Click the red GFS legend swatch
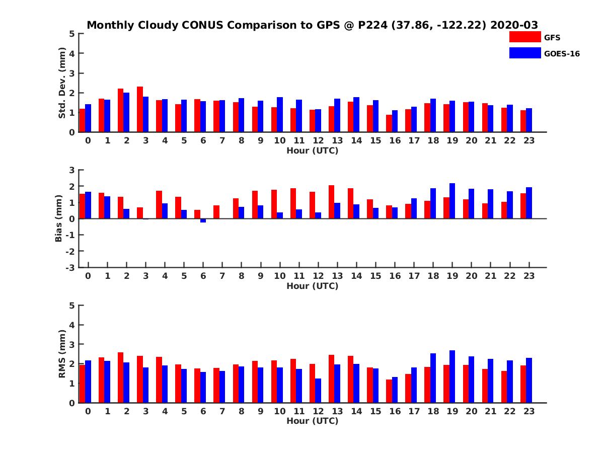[x=525, y=37]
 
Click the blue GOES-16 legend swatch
[x=525, y=53]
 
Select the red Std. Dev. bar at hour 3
[x=140, y=109]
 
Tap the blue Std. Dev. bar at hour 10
[x=280, y=115]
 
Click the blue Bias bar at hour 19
[x=452, y=201]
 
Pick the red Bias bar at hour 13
[x=332, y=202]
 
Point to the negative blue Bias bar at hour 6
[x=203, y=220]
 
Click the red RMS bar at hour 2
[x=121, y=377]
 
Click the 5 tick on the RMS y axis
[x=72, y=306]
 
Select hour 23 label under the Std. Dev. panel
[x=530, y=140]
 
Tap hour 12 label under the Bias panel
[x=318, y=276]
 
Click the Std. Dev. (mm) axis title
[x=62, y=83]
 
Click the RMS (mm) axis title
[x=62, y=354]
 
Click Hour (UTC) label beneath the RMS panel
[x=312, y=421]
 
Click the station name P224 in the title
[x=373, y=25]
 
